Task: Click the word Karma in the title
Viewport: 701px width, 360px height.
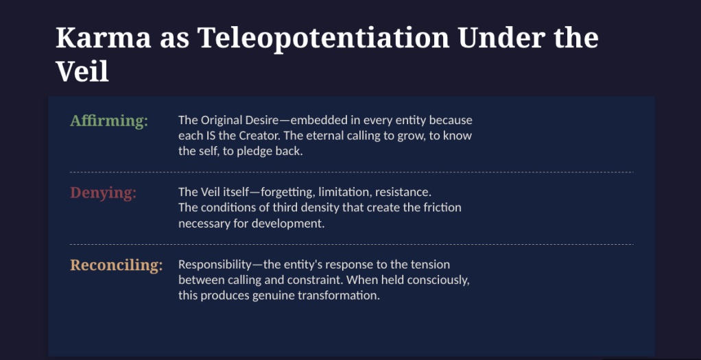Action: [x=104, y=38]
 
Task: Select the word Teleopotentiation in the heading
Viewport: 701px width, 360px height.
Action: [x=323, y=39]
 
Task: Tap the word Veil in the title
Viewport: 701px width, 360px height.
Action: [x=82, y=71]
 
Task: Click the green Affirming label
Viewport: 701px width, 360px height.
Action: [x=109, y=121]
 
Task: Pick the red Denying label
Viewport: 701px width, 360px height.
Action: [x=104, y=193]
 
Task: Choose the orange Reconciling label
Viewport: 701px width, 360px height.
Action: [x=116, y=265]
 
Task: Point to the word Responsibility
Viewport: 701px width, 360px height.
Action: [x=215, y=265]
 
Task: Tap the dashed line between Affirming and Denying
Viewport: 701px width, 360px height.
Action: [x=352, y=172]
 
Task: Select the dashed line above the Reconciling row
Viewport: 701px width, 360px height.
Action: [x=352, y=245]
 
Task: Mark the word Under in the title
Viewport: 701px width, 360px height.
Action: [x=492, y=38]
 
